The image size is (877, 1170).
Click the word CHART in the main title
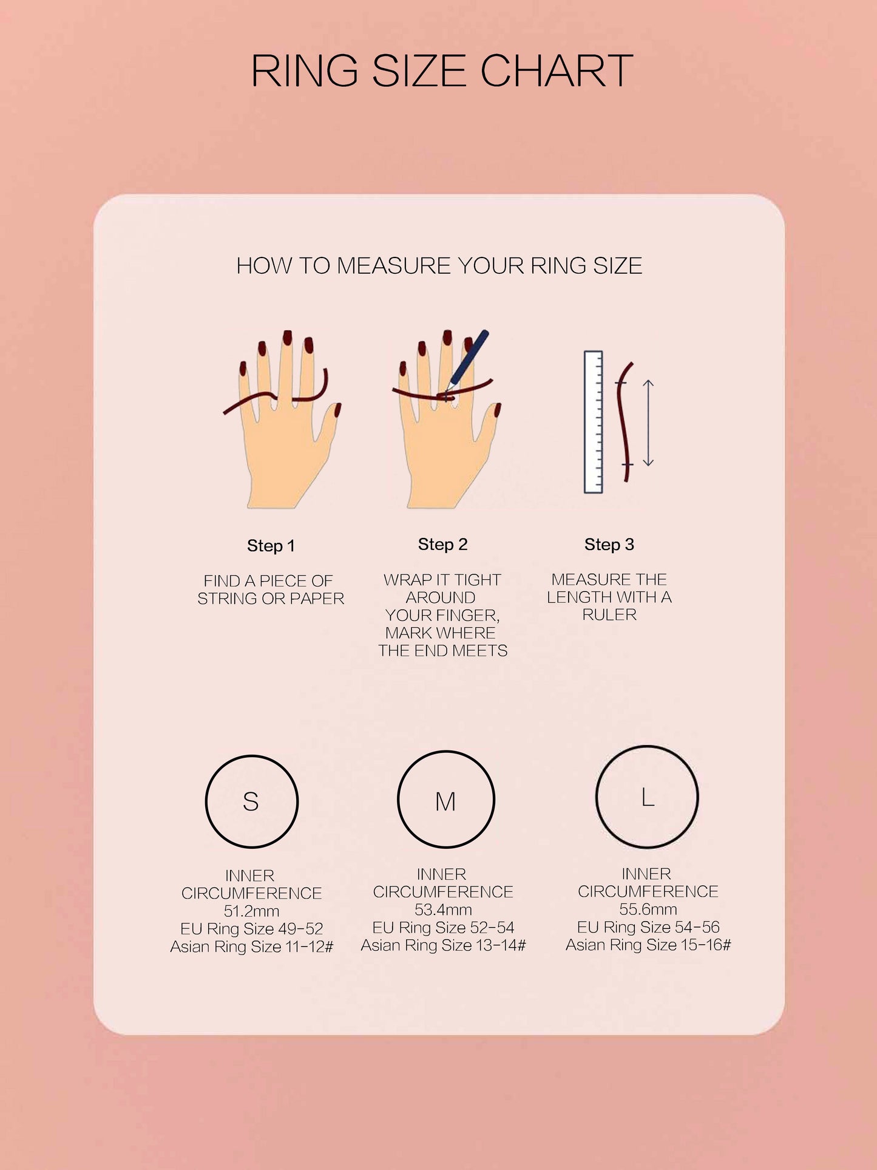pos(557,71)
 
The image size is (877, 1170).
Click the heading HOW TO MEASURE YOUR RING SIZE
pos(439,266)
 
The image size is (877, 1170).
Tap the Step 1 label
pos(271,546)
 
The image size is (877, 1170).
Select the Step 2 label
pos(442,545)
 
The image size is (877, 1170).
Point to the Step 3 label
pos(609,545)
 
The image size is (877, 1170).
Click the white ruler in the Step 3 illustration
pos(593,422)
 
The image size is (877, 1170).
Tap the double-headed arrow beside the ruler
pos(648,423)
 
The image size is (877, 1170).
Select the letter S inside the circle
pos(251,801)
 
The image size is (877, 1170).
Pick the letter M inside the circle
pos(445,801)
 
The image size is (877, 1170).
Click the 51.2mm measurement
pos(251,911)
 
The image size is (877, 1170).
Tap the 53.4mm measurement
pos(443,910)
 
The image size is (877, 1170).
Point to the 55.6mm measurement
pos(648,910)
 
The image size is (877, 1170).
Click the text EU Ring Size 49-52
pos(251,929)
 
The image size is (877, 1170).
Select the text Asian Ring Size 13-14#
pos(443,945)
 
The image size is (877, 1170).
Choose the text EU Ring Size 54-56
pos(648,927)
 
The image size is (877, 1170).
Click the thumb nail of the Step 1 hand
pos(337,410)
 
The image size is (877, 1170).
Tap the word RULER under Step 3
pos(609,615)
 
